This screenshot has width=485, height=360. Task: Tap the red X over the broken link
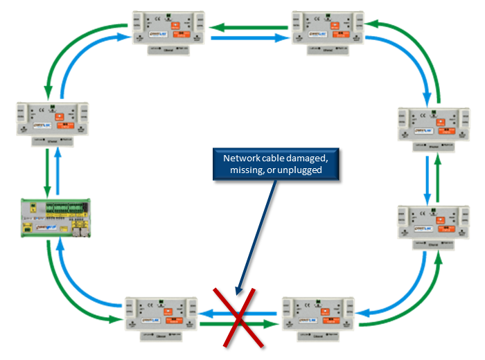point(238,319)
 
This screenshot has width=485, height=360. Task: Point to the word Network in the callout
point(239,159)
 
